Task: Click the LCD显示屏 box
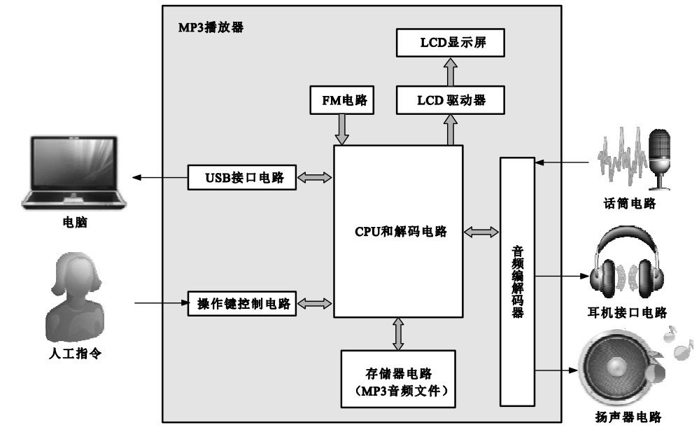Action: tap(451, 43)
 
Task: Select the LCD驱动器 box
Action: tap(451, 100)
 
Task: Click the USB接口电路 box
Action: tap(241, 177)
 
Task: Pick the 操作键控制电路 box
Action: tap(241, 303)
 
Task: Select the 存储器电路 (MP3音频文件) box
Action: tap(397, 378)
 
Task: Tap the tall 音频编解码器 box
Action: tap(517, 282)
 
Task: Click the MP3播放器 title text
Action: tap(211, 29)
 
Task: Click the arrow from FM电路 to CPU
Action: tap(342, 129)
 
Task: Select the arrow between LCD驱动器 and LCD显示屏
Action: tap(451, 72)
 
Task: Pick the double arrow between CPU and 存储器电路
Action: tap(398, 333)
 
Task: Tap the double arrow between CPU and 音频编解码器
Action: tap(481, 231)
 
